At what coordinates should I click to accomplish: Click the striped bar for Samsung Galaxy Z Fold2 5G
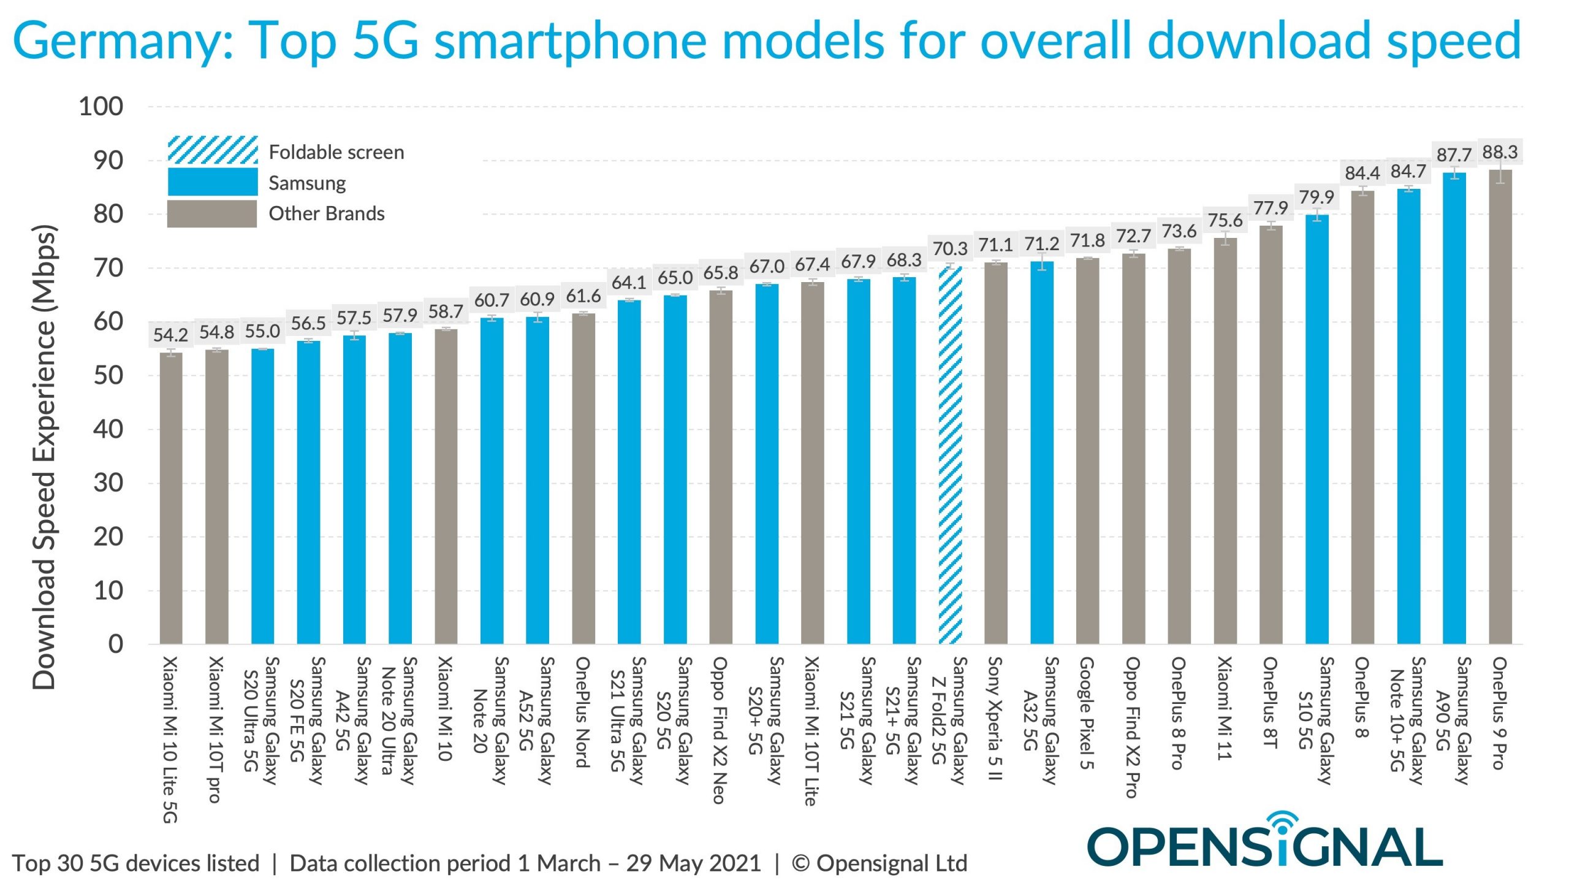(950, 454)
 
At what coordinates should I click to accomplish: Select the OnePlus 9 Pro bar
(1500, 405)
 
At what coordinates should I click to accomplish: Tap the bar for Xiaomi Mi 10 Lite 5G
(171, 497)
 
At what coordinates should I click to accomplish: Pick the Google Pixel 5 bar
(1087, 451)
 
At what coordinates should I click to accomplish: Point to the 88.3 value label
(1500, 152)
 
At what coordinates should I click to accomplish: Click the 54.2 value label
(170, 335)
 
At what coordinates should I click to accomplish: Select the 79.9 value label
(1316, 197)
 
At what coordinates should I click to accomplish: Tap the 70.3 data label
(950, 249)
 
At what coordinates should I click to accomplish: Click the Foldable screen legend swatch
(213, 150)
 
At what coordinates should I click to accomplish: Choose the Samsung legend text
(307, 183)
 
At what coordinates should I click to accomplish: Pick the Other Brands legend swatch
(212, 214)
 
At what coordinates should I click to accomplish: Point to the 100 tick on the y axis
(101, 107)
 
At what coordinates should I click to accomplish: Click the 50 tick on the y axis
(108, 375)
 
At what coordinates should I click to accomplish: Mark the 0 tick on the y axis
(116, 644)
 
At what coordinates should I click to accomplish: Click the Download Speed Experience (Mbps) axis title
(44, 457)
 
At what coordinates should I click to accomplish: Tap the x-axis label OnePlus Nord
(583, 711)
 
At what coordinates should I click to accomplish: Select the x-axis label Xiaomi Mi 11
(1225, 708)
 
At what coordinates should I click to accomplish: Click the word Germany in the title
(123, 40)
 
